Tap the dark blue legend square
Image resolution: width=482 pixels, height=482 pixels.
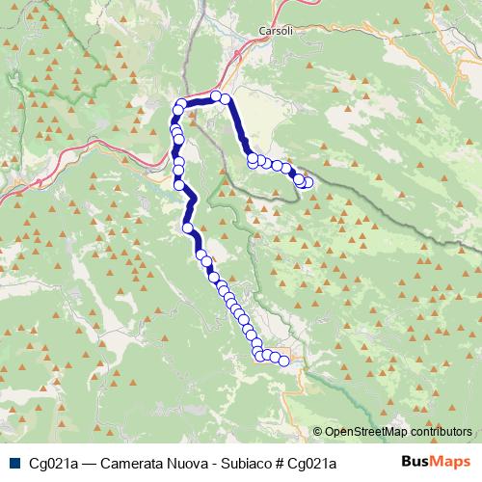(x=13, y=464)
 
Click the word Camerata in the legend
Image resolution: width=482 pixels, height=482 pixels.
(x=135, y=464)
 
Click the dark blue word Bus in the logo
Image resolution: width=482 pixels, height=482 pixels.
(x=415, y=463)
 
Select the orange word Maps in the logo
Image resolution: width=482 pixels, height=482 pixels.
(x=452, y=463)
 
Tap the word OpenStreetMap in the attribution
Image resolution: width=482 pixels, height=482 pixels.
(x=364, y=432)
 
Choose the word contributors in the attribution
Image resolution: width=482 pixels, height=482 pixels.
(x=441, y=432)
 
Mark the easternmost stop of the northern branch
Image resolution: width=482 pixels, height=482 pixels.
(x=308, y=182)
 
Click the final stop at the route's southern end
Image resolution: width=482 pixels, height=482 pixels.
(x=284, y=361)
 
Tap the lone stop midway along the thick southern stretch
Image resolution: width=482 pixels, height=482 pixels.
(x=188, y=229)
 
